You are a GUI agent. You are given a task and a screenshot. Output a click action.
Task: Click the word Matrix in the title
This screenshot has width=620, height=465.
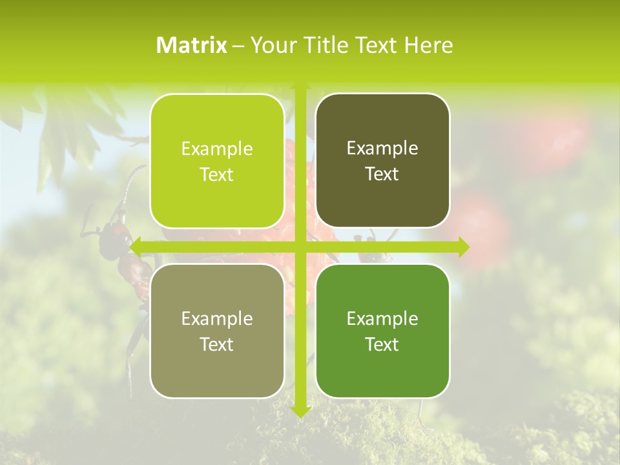(192, 45)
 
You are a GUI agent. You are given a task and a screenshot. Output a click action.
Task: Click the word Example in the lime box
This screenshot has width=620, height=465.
(217, 149)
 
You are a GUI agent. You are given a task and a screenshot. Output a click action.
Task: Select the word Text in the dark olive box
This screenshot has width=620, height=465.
(382, 174)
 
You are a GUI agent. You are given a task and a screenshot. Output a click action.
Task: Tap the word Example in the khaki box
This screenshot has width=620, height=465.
(217, 318)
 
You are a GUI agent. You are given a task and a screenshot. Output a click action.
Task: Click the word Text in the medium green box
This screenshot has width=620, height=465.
(382, 344)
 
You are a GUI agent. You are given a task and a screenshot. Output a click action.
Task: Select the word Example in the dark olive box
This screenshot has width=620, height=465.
(382, 149)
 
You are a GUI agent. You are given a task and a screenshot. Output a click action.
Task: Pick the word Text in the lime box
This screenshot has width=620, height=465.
(217, 175)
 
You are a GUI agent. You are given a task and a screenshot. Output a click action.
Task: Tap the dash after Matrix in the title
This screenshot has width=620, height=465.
(238, 46)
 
